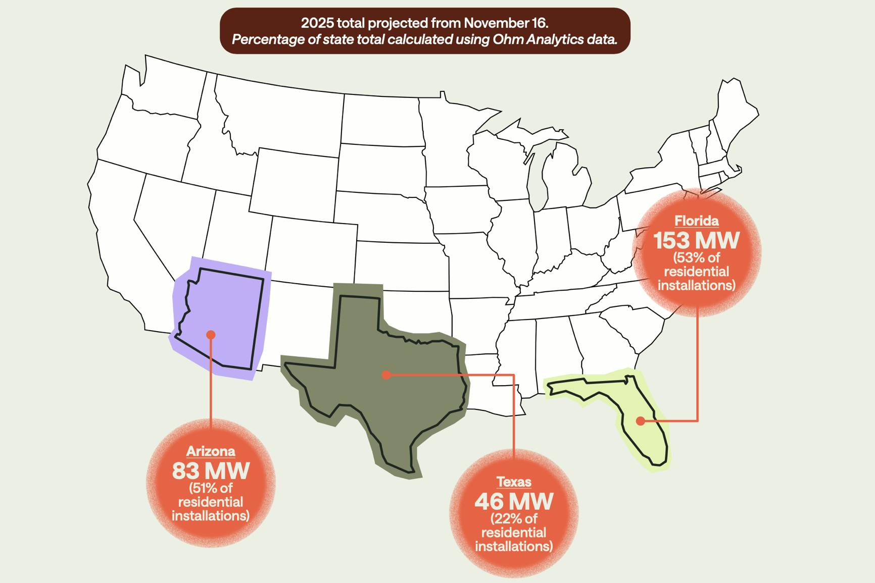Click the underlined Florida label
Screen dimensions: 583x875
coord(696,221)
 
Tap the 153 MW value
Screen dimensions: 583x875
coord(696,240)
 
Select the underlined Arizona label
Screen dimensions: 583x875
coord(211,451)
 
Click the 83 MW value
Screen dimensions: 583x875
coord(211,471)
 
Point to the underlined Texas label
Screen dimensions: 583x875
coord(514,482)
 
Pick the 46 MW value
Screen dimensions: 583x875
coord(514,501)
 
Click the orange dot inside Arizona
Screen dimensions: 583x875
coord(211,335)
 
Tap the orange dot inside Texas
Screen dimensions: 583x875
coord(386,375)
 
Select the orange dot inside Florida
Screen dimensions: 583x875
coord(641,420)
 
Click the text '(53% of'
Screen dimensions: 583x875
coord(696,257)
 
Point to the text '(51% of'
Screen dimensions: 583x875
coord(211,488)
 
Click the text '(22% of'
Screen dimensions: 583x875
coord(514,518)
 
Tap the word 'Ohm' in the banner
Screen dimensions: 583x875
coord(508,39)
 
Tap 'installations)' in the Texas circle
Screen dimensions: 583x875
coord(514,546)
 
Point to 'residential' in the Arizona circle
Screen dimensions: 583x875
coord(211,502)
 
